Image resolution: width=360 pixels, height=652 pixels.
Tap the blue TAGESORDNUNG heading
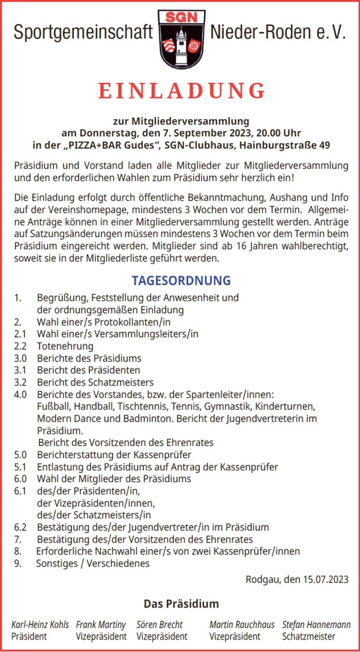click(181, 280)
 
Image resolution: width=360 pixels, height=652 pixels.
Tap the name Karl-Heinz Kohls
click(40, 624)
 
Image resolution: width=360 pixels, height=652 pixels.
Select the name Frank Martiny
click(101, 624)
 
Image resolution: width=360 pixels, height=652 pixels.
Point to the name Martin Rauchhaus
click(242, 624)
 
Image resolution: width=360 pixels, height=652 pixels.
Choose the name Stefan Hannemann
click(316, 624)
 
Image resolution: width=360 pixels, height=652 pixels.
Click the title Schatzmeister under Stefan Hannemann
click(309, 636)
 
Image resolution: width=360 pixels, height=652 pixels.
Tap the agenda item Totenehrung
click(65, 346)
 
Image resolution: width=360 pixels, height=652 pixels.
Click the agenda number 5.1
click(20, 466)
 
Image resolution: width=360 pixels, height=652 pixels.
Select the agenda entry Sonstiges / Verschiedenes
click(93, 563)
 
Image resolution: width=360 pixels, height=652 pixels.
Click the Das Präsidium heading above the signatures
click(181, 604)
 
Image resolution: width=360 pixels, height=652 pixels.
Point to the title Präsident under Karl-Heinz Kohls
click(29, 636)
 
